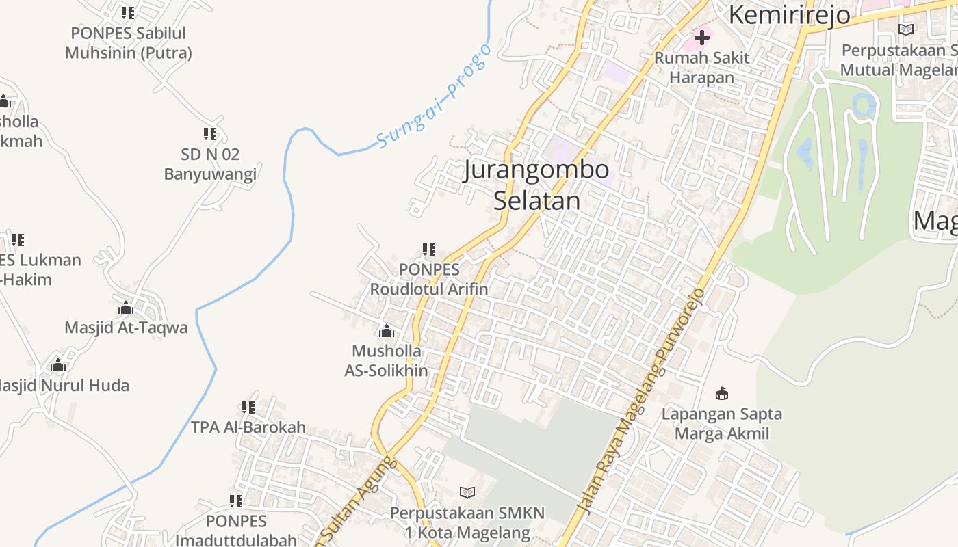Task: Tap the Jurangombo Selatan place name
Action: click(536, 185)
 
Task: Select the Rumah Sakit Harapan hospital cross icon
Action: click(701, 37)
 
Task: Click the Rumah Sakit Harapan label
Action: click(701, 67)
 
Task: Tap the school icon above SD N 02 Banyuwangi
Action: click(210, 133)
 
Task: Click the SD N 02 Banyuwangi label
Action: click(210, 164)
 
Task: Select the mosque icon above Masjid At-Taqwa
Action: click(125, 308)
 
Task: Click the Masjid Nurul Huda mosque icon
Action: click(58, 365)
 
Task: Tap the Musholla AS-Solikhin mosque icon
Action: click(387, 332)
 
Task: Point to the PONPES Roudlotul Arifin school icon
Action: click(429, 250)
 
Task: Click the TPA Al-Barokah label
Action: click(248, 427)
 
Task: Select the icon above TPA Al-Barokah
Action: click(248, 408)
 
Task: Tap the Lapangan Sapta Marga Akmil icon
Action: click(722, 393)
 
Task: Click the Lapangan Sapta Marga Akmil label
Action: click(722, 423)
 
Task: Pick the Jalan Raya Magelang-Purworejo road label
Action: click(640, 401)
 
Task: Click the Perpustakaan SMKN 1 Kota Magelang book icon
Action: click(467, 492)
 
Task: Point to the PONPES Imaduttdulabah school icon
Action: click(236, 501)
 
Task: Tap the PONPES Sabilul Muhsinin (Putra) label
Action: click(129, 42)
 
